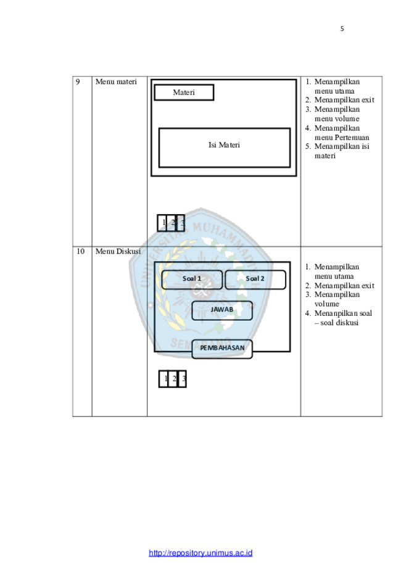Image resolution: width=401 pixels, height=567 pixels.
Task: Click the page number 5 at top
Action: tap(342, 28)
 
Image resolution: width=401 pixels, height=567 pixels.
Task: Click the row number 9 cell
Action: tap(82, 161)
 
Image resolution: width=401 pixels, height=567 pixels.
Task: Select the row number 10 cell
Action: tap(82, 331)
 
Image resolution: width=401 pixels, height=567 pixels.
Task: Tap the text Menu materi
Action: tap(116, 81)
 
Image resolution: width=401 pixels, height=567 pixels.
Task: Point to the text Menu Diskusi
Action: tap(118, 251)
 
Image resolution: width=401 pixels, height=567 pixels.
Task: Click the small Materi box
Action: tap(184, 92)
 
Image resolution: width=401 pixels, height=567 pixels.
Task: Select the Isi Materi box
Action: tap(225, 147)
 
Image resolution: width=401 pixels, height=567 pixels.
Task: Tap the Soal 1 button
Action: tap(192, 279)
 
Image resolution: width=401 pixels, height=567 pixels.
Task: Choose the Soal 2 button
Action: tap(255, 279)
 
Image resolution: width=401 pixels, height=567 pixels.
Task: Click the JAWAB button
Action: tap(222, 310)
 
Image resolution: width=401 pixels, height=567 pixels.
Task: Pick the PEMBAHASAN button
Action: tap(222, 349)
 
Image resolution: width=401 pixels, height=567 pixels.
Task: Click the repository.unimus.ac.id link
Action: tap(200, 553)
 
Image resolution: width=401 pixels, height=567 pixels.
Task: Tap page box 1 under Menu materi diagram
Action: tap(162, 223)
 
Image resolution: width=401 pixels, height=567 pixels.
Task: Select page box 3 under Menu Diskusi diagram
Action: tap(183, 379)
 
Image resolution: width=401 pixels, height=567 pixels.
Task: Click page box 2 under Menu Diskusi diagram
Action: tap(173, 379)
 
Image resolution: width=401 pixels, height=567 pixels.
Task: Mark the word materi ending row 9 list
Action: tap(325, 156)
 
